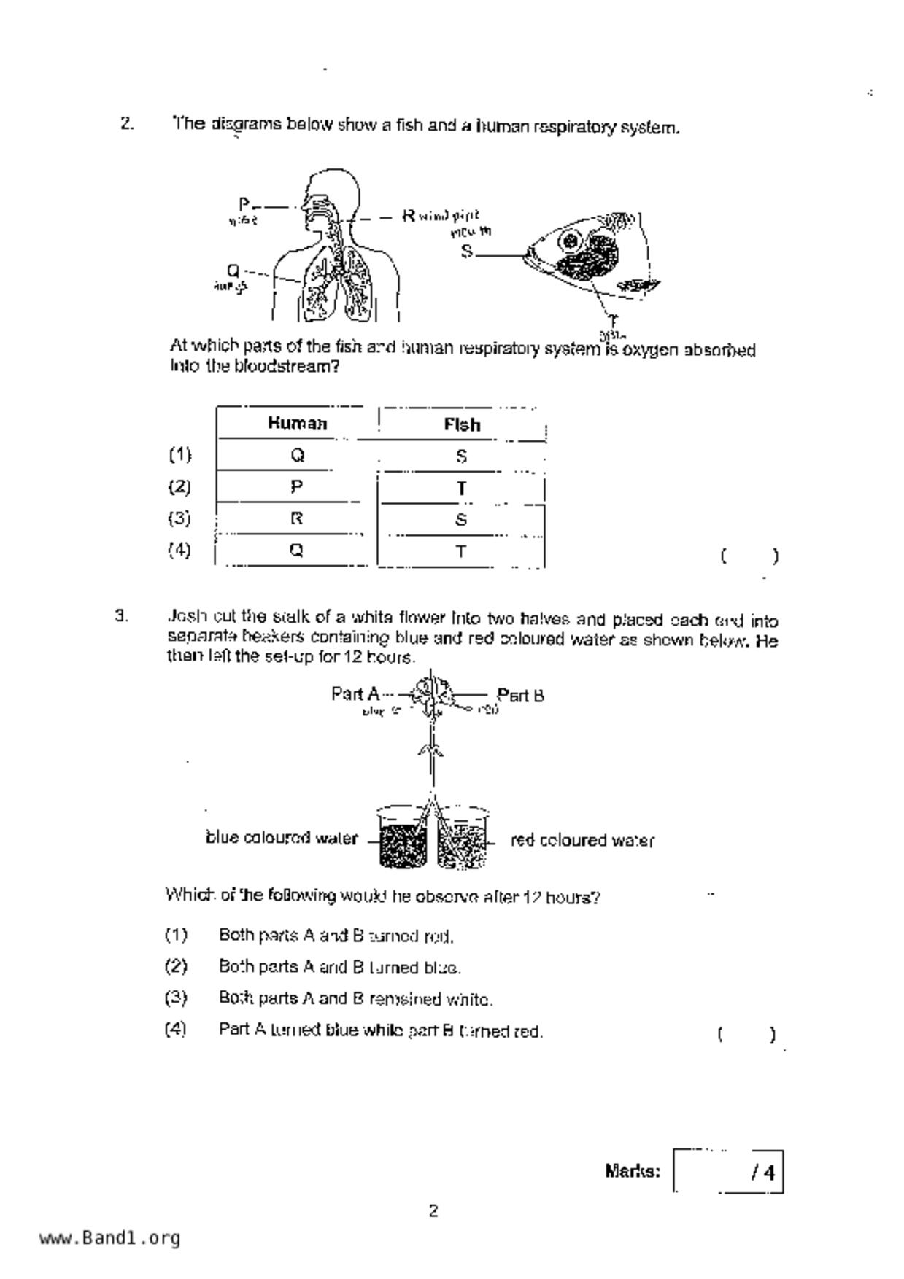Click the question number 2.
pos(127,123)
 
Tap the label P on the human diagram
pos(244,204)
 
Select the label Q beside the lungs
pos(233,271)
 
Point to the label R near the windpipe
pos(409,216)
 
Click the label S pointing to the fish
pos(467,252)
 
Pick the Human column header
pos(297,424)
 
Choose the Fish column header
pos(462,425)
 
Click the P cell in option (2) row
pos(296,486)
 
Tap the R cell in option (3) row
pos(296,518)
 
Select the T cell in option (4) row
pos(461,552)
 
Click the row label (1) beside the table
pos(179,455)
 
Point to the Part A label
pos(355,693)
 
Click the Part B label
pos(520,695)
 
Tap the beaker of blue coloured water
pos(402,839)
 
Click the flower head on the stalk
pos(431,693)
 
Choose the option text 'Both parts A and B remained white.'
pos(355,999)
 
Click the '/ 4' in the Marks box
pos(763,1173)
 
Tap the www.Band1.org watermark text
pos(109,1237)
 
